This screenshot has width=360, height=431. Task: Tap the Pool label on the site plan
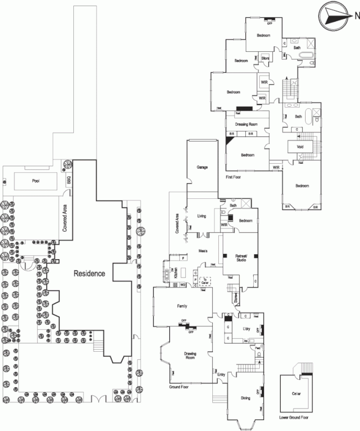[x=36, y=181]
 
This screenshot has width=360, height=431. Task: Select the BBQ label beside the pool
[x=68, y=181]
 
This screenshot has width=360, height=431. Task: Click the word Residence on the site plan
[x=89, y=274]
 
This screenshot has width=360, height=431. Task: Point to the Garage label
[x=202, y=168]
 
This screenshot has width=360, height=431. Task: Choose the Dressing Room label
[x=247, y=124]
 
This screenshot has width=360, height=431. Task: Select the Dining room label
[x=245, y=398]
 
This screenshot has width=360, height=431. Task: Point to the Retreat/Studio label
[x=238, y=258]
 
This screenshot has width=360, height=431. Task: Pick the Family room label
[x=182, y=306]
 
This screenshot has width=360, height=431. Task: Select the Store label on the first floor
[x=265, y=58]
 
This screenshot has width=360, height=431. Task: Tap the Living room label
[x=202, y=216]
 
